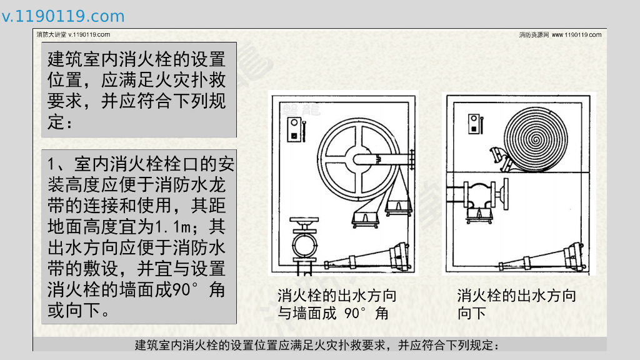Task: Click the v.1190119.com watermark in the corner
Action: coord(63,16)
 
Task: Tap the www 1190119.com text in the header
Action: coord(576,35)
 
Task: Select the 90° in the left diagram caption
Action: coord(356,313)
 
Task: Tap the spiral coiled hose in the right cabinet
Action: coord(535,139)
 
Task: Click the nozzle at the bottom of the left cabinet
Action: coord(367,257)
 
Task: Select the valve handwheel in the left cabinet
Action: coord(304,222)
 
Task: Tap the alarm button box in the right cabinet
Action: coord(474,124)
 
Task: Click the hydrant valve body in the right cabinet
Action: coord(480,196)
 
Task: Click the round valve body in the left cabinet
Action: coord(304,244)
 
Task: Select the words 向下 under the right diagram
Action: coord(471,314)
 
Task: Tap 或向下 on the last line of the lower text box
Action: coord(74,311)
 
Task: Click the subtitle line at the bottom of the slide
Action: coord(317,345)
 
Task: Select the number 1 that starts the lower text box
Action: coord(51,164)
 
